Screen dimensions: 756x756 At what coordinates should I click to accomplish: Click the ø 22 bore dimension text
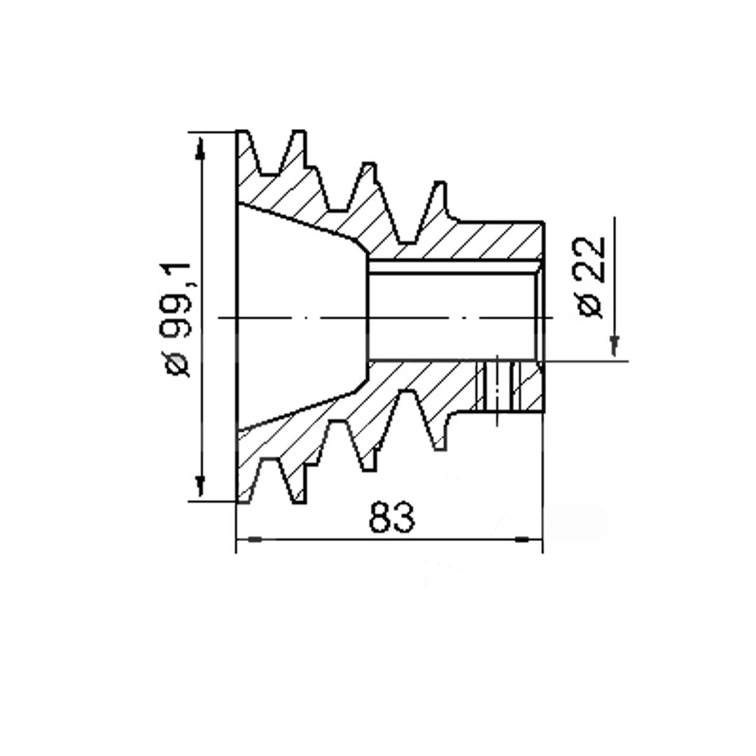[x=591, y=277]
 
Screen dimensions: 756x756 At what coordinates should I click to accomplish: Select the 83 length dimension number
[x=391, y=517]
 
